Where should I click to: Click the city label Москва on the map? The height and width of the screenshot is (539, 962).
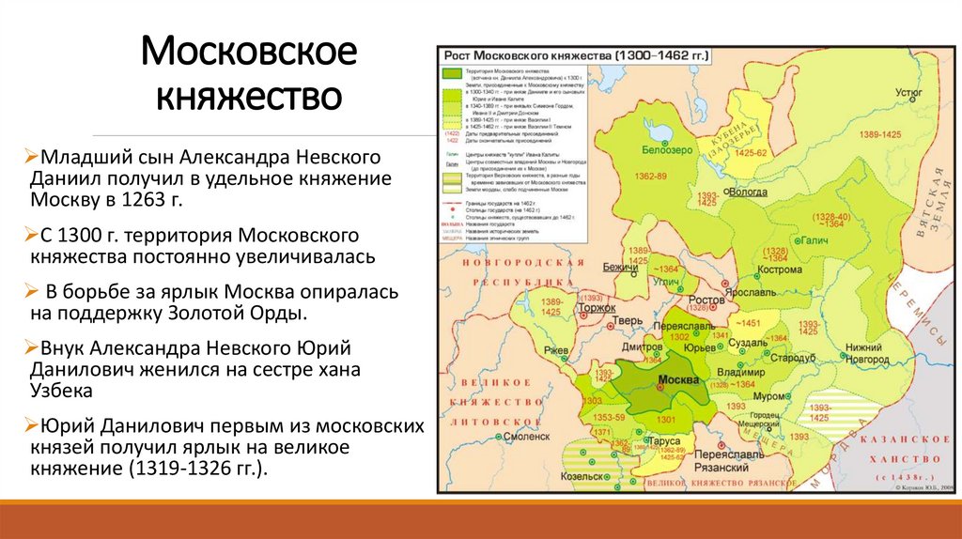pos(677,380)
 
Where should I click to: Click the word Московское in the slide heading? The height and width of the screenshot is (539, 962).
pos(249,52)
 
